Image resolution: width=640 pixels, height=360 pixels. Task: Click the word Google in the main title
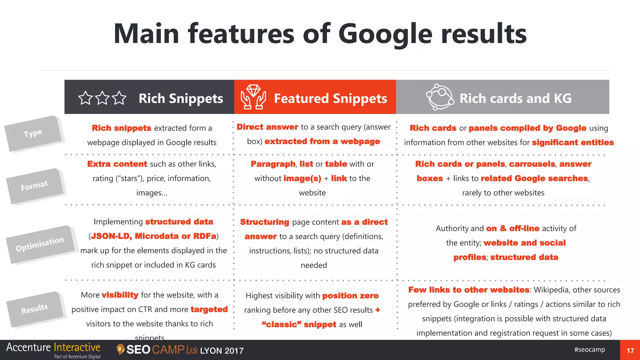click(385, 34)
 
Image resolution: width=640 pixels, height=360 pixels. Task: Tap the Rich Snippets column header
click(181, 98)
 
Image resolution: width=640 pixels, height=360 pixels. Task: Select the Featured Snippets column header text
click(330, 98)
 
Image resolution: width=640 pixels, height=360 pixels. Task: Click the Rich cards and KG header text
click(515, 98)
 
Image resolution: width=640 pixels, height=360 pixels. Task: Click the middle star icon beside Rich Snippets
click(102, 98)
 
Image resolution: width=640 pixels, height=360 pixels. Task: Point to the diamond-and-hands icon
click(253, 97)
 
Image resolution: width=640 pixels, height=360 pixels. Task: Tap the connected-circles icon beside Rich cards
click(440, 97)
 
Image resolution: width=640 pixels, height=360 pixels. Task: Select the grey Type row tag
click(33, 133)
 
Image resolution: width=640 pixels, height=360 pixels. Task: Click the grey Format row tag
click(34, 186)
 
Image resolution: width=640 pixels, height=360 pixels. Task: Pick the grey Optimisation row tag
click(40, 244)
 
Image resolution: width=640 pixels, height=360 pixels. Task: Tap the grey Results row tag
click(34, 309)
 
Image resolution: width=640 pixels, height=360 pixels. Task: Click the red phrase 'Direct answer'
click(267, 127)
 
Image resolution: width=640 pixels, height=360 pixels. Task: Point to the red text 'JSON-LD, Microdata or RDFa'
click(153, 236)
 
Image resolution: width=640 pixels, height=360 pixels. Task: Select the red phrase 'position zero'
click(350, 296)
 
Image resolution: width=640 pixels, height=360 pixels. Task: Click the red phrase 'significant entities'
click(573, 142)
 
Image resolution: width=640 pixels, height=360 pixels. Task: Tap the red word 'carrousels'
click(532, 164)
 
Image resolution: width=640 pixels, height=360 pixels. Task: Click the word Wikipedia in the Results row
click(551, 290)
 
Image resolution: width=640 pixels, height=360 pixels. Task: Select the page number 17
click(630, 351)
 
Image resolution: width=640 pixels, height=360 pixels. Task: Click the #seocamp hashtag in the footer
click(589, 349)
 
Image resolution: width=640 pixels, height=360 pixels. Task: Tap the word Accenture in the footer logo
click(28, 347)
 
